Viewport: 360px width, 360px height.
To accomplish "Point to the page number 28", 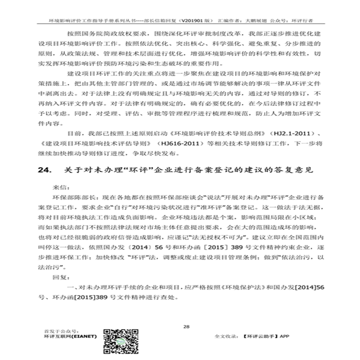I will (186, 326).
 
